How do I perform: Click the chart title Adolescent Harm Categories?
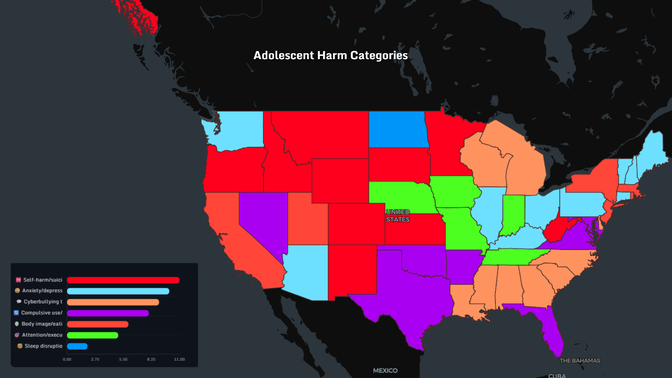(x=330, y=55)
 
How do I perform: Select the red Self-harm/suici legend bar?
(x=123, y=280)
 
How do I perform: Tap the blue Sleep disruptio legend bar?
(x=77, y=346)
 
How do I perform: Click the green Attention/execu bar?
(x=92, y=335)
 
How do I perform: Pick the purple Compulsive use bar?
(x=108, y=313)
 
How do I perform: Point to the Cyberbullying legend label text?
(x=43, y=302)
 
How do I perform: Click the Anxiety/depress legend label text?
(x=42, y=290)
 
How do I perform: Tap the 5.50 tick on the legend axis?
(x=123, y=359)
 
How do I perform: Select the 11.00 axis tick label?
(x=179, y=359)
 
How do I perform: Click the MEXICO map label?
(x=385, y=370)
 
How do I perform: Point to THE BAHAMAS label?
(x=580, y=360)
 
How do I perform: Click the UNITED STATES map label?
(x=398, y=216)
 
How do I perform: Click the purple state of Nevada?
(x=264, y=220)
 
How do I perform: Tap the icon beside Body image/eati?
(x=17, y=324)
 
